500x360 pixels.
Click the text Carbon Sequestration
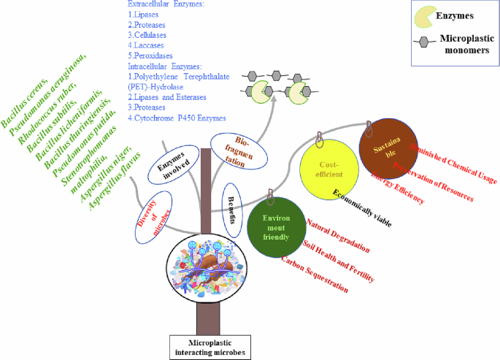click(x=315, y=275)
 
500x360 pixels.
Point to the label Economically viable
click(x=362, y=207)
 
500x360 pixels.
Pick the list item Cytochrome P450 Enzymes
click(x=180, y=118)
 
